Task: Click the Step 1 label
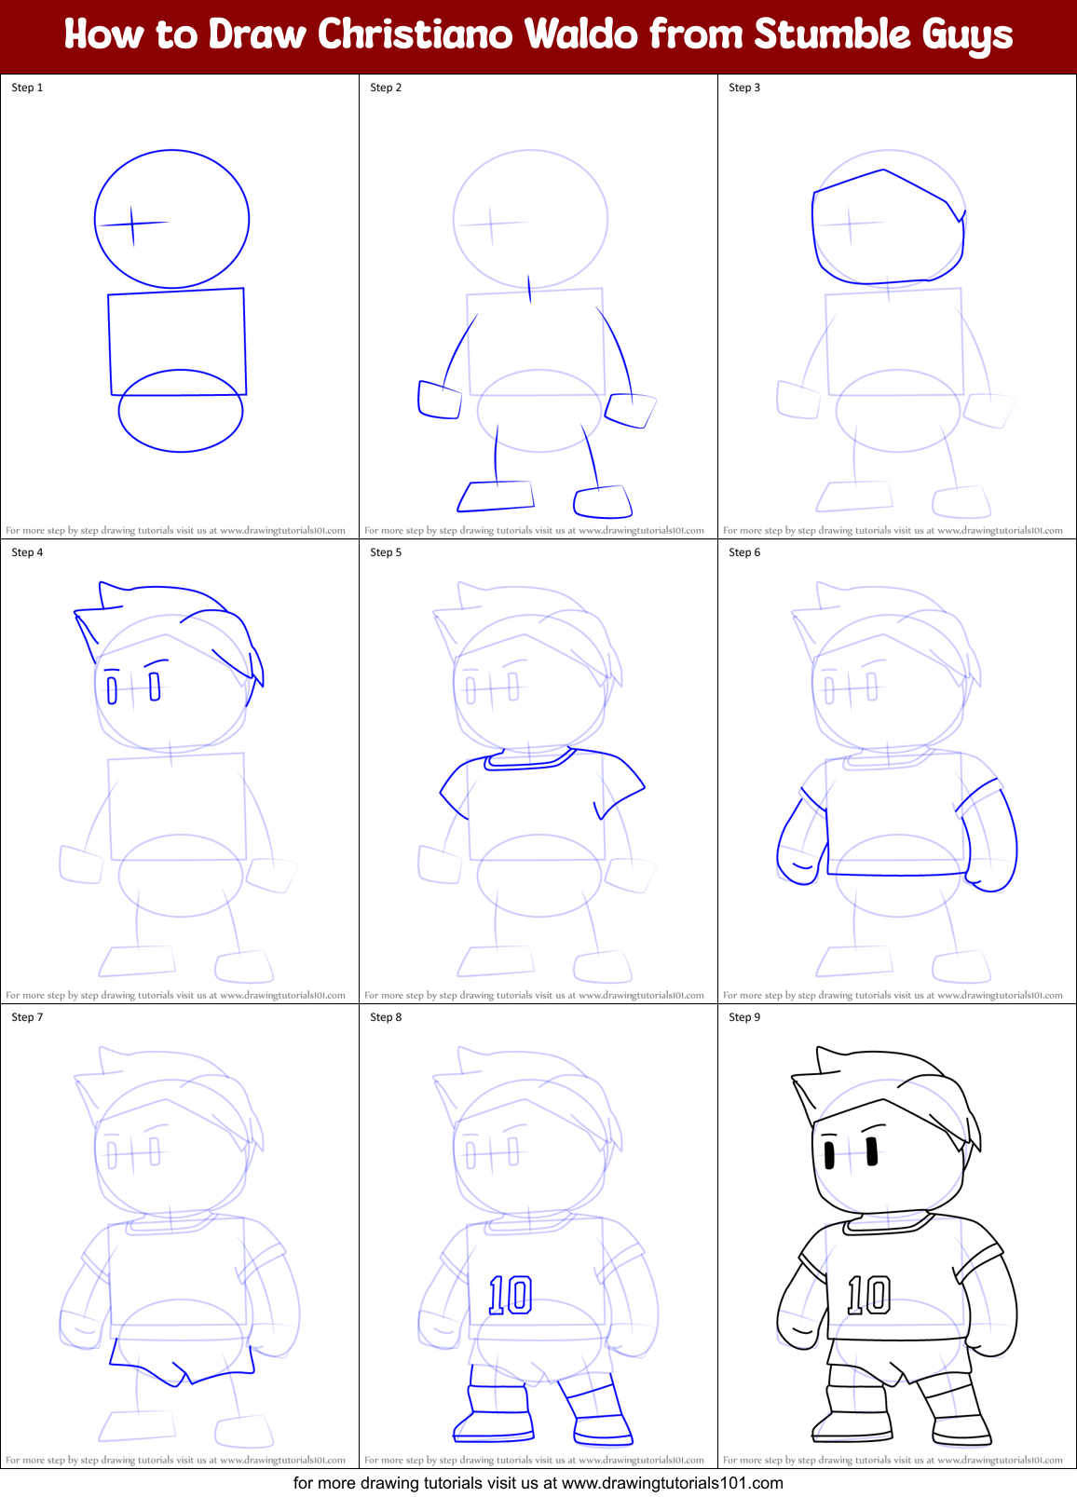(x=27, y=88)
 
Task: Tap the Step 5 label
(x=386, y=552)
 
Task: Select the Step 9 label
(x=744, y=1017)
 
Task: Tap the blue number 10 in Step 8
(x=511, y=1295)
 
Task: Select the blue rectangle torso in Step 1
(x=177, y=340)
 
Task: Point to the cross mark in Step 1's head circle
(x=132, y=224)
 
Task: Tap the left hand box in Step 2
(x=440, y=400)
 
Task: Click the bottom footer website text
(x=538, y=1483)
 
